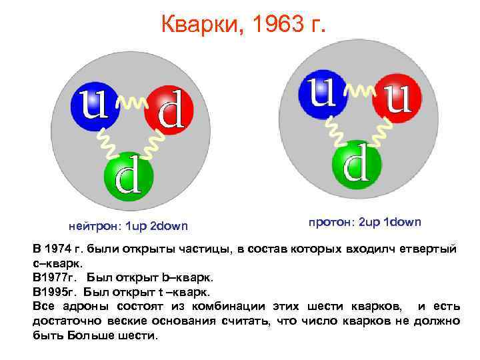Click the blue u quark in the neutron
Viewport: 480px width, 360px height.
[x=94, y=105]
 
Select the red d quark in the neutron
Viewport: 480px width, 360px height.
[x=167, y=111]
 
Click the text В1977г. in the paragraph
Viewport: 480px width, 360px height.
[x=54, y=275]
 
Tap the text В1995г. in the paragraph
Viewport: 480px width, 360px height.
[x=54, y=291]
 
